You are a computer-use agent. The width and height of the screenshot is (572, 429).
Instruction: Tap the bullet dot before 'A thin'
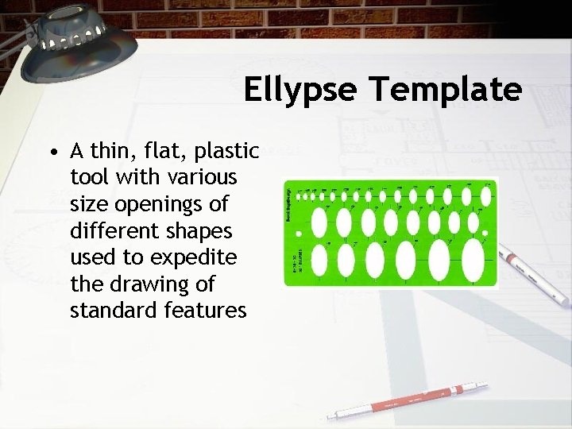pos(52,151)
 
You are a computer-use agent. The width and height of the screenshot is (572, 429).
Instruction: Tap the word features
pos(207,310)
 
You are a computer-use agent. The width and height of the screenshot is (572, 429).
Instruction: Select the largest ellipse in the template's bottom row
pos(473,257)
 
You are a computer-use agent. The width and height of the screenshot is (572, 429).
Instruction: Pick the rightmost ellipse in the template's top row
pos(484,195)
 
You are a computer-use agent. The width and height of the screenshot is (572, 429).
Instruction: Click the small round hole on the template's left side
pos(299,234)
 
